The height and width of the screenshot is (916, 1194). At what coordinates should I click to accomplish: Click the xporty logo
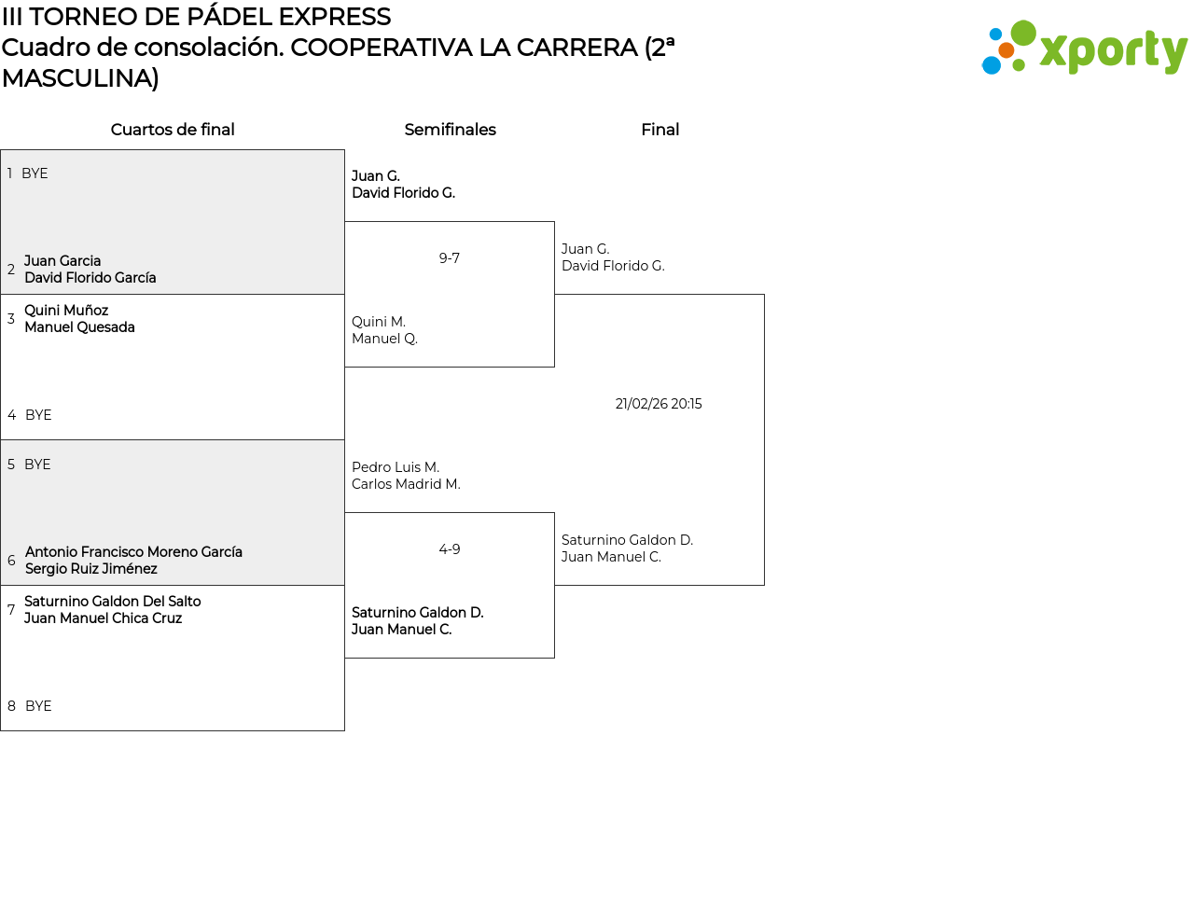[x=1084, y=48]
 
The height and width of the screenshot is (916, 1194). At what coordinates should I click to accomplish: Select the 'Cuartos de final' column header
[x=173, y=130]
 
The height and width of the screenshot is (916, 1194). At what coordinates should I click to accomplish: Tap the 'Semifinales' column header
[x=450, y=130]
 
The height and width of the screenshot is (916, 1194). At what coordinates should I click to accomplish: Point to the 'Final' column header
[x=659, y=130]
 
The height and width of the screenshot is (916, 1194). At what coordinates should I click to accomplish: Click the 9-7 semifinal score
[x=450, y=258]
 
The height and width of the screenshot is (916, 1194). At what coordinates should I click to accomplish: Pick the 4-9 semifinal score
[x=450, y=549]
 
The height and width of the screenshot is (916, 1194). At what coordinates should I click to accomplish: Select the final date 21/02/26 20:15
[x=659, y=404]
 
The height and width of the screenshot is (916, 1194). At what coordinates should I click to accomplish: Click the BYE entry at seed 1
[x=35, y=173]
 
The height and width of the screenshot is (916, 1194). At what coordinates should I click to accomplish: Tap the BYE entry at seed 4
[x=38, y=415]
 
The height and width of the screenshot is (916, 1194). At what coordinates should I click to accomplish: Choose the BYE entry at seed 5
[x=37, y=465]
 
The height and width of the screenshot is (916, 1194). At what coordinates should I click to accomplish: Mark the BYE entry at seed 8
[x=38, y=706]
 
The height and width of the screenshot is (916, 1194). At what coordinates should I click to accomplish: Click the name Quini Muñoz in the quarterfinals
[x=66, y=311]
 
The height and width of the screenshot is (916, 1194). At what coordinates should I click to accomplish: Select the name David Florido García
[x=90, y=278]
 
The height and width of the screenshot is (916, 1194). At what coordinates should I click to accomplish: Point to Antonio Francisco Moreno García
[x=133, y=552]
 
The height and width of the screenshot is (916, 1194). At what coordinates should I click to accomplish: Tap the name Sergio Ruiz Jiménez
[x=91, y=569]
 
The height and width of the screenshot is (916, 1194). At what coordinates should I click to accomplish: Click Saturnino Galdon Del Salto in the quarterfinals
[x=113, y=602]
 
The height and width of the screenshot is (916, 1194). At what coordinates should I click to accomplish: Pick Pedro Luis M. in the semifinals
[x=396, y=467]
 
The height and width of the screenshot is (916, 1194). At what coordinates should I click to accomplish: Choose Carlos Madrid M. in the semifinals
[x=406, y=484]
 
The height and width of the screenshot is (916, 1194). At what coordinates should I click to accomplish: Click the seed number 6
[x=11, y=561]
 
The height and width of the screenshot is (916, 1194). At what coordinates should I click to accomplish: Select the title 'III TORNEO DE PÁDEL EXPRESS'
[x=196, y=17]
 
